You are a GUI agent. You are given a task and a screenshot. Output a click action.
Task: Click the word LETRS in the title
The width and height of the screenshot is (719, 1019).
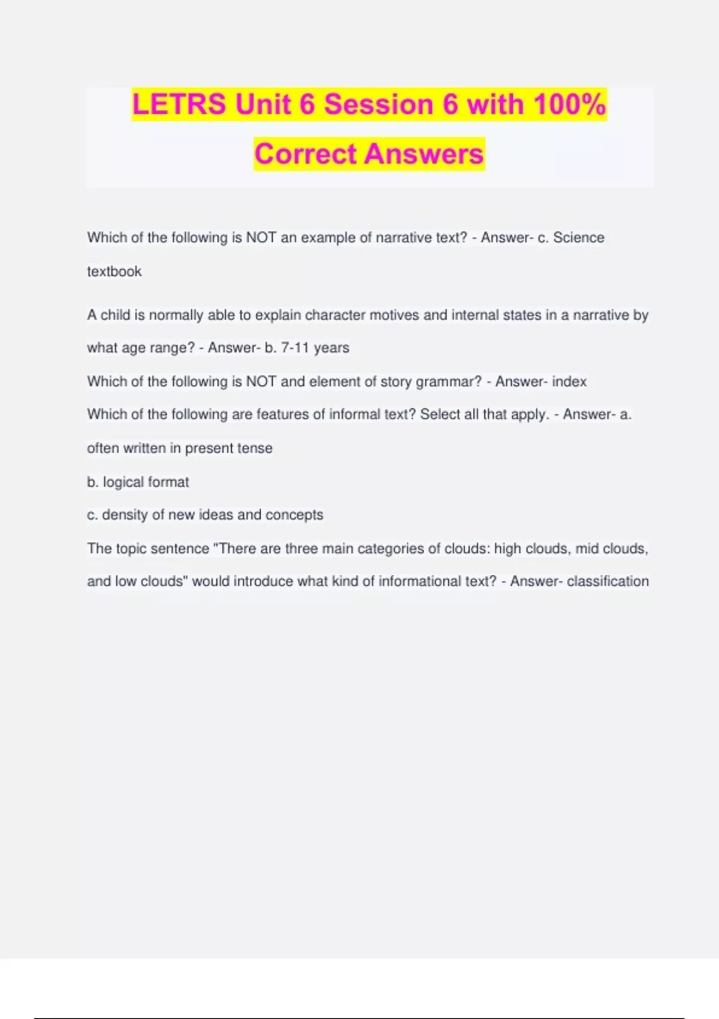point(179,104)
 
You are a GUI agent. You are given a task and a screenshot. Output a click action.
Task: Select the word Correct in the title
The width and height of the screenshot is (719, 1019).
point(306,154)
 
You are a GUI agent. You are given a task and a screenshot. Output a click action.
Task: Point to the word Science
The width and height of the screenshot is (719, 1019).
point(578,238)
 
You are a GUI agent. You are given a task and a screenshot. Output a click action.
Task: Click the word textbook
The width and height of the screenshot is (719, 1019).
point(114,272)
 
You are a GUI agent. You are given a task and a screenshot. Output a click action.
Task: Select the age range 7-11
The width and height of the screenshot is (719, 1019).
point(295,348)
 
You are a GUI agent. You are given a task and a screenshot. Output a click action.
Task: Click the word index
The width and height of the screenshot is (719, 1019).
point(569,382)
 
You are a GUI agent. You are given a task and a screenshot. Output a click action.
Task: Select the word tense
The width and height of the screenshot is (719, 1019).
point(256,448)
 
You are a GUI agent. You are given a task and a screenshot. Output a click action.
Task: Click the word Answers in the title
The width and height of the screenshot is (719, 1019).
point(424,154)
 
